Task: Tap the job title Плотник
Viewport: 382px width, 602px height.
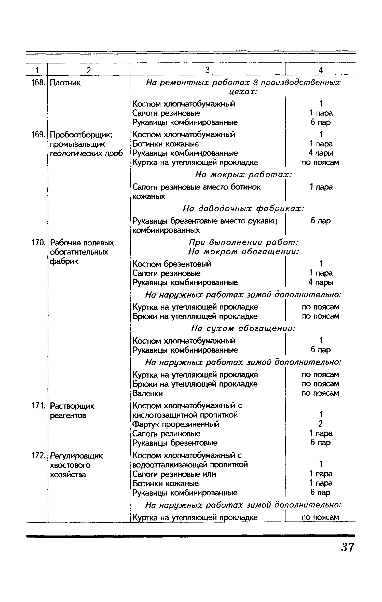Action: point(65,83)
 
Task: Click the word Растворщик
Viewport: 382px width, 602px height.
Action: point(72,406)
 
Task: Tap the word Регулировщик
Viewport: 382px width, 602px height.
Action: point(76,456)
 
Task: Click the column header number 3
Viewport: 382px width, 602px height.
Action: point(208,70)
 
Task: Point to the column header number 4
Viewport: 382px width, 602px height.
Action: point(321,70)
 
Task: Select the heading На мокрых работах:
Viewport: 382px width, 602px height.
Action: point(243,175)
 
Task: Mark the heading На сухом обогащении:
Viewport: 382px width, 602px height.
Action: point(243,329)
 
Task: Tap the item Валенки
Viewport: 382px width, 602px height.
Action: point(148,393)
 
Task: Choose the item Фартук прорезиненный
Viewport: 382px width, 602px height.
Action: point(176,424)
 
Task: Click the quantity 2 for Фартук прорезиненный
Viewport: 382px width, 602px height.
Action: point(321,424)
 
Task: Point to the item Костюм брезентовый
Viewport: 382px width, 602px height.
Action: point(172,264)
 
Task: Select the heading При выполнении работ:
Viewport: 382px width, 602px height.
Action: point(243,242)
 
